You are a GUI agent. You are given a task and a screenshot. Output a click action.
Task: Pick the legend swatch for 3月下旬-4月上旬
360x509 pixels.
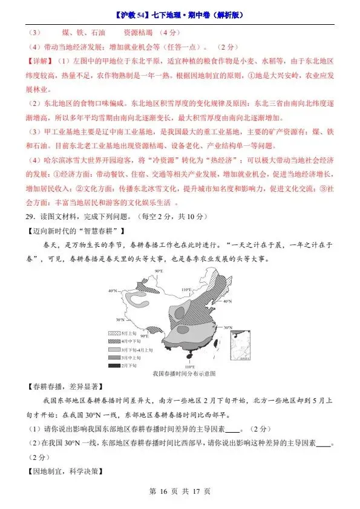114,350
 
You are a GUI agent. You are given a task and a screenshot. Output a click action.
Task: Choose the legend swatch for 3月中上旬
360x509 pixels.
114,358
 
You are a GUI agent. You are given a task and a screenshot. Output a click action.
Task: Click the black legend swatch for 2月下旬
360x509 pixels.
114,366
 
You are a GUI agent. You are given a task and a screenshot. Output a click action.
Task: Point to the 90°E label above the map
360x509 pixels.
159,271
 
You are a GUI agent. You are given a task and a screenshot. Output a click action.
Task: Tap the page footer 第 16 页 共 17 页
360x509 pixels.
180,491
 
